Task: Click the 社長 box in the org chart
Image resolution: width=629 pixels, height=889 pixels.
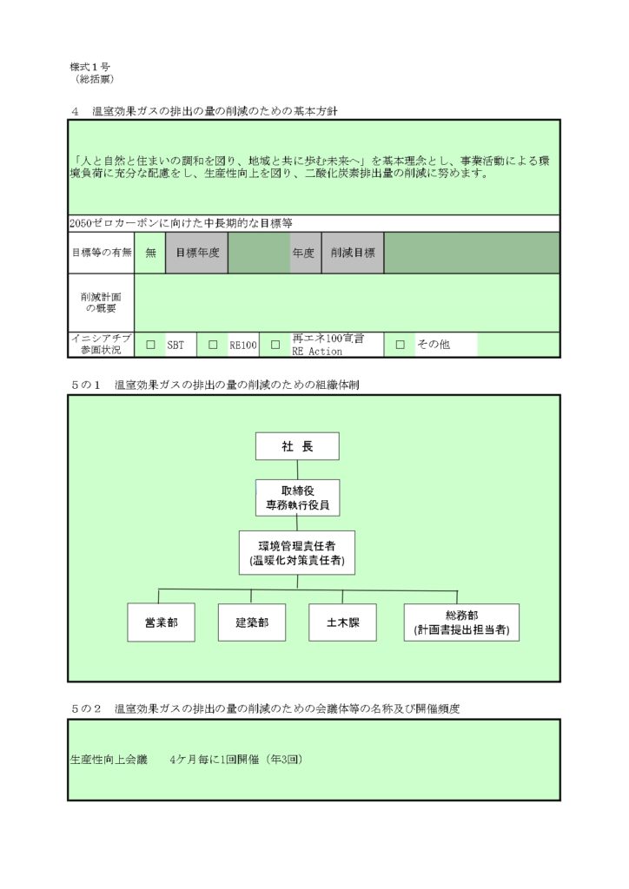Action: tap(297, 446)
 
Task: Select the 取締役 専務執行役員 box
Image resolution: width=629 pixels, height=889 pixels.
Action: tap(297, 497)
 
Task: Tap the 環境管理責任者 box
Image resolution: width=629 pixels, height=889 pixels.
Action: tap(297, 553)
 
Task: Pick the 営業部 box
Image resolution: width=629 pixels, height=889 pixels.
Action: tap(161, 622)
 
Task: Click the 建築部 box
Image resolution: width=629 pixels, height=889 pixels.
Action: tap(252, 622)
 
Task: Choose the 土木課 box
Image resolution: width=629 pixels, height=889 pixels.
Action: tap(342, 622)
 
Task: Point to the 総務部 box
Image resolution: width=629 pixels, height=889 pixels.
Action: tap(461, 622)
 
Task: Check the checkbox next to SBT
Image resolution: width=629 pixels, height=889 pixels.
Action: tap(151, 345)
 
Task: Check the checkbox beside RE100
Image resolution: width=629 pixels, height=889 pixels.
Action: tap(213, 345)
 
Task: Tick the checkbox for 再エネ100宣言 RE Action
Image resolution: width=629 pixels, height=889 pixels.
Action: tap(275, 345)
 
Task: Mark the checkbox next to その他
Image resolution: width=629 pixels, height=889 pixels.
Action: tap(401, 345)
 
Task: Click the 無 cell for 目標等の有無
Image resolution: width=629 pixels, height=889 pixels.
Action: tap(150, 253)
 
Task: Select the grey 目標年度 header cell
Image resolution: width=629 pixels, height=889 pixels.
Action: tap(197, 253)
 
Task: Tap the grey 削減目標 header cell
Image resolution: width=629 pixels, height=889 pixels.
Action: tap(353, 253)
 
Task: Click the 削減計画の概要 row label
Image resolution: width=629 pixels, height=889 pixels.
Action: tap(101, 303)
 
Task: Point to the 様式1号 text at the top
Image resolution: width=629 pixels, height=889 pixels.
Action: tap(89, 67)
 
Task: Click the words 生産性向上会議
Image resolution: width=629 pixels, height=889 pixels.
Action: tap(109, 760)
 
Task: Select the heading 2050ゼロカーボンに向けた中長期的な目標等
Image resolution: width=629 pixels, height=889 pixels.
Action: tap(181, 223)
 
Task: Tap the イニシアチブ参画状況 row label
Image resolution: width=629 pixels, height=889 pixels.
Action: tap(101, 344)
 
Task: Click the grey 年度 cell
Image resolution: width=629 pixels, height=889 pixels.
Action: tap(303, 253)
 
